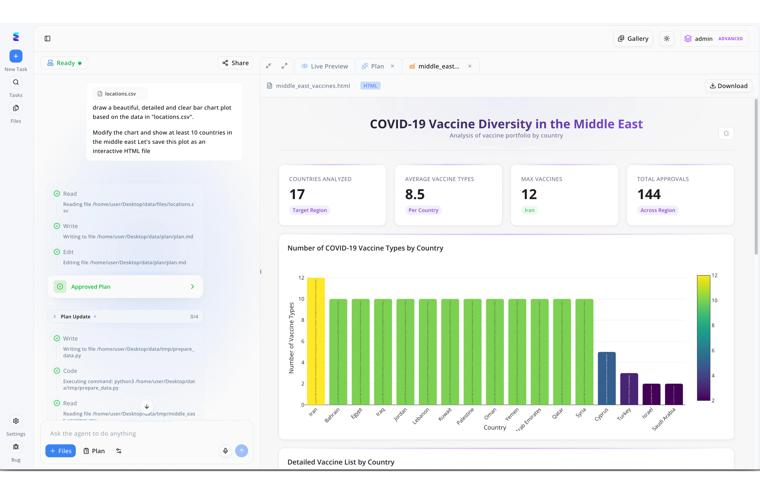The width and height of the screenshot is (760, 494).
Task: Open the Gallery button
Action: point(633,39)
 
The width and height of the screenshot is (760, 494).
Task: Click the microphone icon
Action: point(225,451)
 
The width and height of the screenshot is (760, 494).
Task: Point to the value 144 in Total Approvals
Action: point(649,194)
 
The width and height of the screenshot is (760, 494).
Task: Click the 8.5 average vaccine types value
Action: point(414,194)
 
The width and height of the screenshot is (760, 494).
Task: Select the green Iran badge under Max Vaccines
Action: point(529,210)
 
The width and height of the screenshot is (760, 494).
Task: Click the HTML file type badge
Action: point(370,86)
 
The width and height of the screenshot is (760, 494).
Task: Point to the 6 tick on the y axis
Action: point(302,341)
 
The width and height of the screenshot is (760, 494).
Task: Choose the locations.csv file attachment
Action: point(120,94)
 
